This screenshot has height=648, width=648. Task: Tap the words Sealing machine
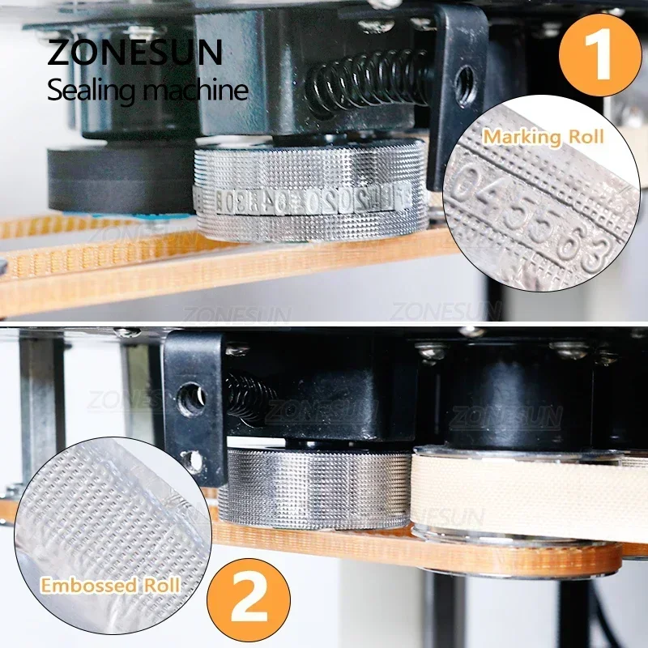147,88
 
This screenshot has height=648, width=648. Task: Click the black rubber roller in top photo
120,180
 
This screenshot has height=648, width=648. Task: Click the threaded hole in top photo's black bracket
465,79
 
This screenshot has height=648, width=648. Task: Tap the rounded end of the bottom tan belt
599,559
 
